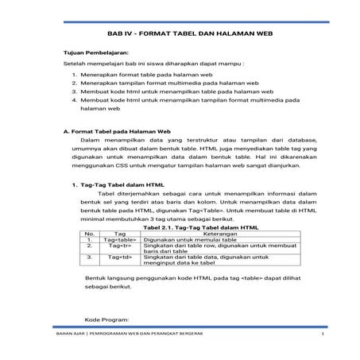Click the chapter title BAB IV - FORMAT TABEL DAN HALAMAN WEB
[180, 36]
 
